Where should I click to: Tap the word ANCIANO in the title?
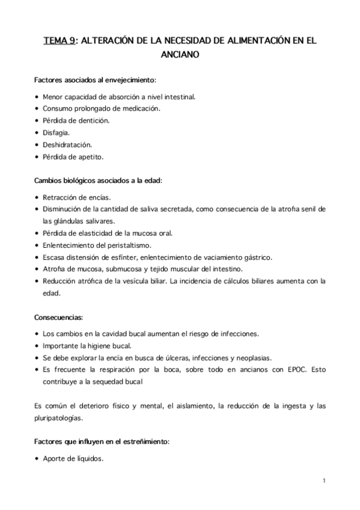point(180,55)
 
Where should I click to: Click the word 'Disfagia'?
point(56,132)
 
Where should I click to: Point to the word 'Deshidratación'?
point(69,144)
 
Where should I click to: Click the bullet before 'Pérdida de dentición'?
point(37,120)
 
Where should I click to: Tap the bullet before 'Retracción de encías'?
point(37,197)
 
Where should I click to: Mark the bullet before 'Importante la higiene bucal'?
point(37,345)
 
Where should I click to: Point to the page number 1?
point(323,481)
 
